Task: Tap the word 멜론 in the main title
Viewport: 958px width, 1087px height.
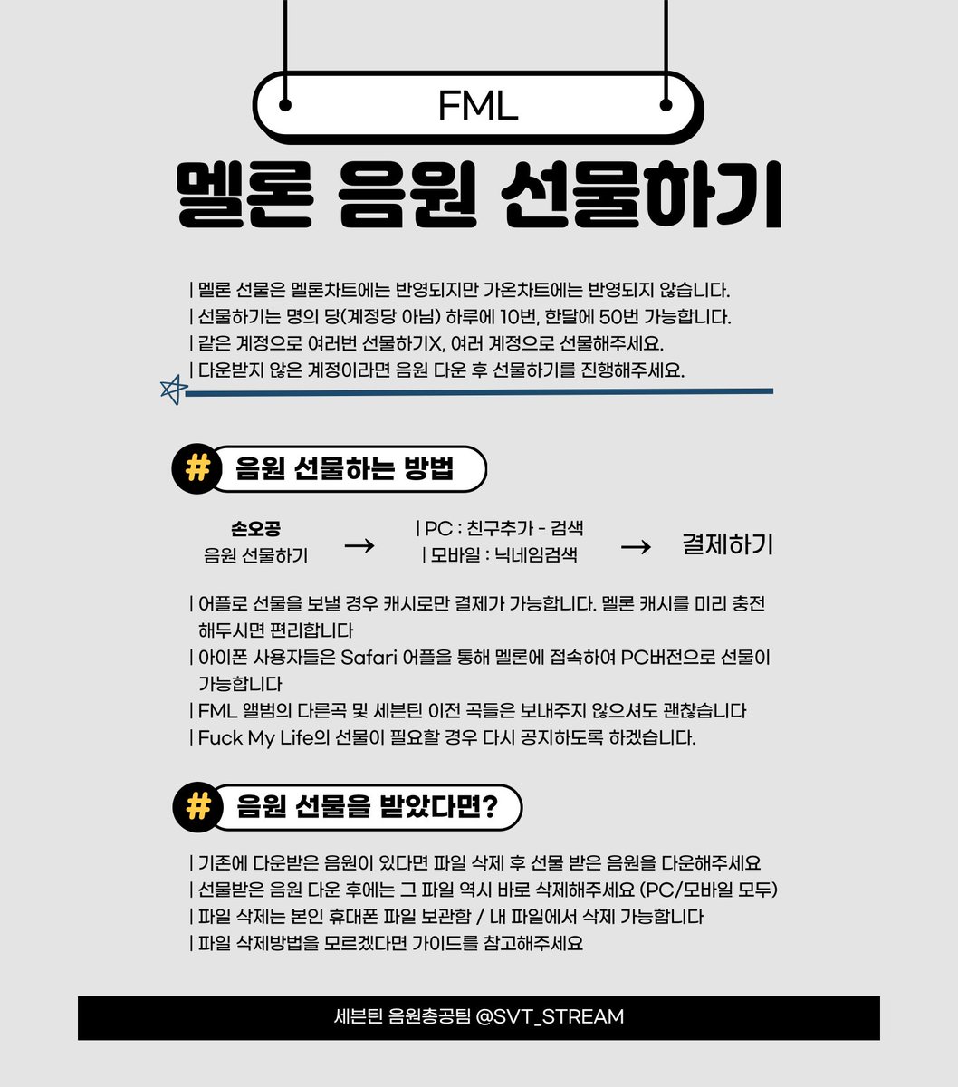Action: click(244, 196)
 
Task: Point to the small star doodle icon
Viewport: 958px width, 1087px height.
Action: click(172, 390)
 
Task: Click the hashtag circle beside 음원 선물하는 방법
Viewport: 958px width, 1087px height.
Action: click(196, 469)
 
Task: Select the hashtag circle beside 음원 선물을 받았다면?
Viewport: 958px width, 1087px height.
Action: click(196, 807)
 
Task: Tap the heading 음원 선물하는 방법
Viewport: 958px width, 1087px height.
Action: click(344, 469)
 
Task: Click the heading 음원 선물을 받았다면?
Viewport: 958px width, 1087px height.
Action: click(367, 807)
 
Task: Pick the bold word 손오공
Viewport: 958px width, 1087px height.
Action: click(255, 529)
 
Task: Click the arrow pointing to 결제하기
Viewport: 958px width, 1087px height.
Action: click(636, 546)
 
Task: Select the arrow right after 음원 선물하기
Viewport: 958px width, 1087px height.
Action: click(359, 546)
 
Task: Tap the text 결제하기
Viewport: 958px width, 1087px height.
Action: click(727, 544)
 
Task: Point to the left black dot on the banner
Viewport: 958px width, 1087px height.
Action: click(286, 105)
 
